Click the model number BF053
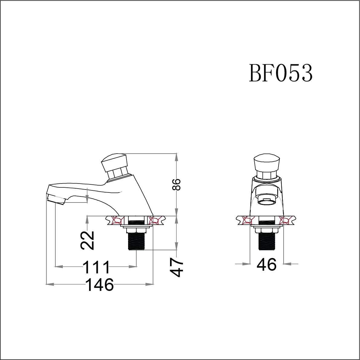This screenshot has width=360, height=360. click(x=281, y=73)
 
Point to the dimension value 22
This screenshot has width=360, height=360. click(x=88, y=241)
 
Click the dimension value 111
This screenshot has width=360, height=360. click(x=96, y=267)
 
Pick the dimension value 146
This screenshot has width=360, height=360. click(x=100, y=285)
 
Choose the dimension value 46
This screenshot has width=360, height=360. click(x=266, y=265)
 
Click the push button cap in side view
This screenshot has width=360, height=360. click(x=114, y=162)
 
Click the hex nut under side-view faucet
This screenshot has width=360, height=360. click(x=136, y=230)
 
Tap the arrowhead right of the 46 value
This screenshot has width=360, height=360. click(x=287, y=264)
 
